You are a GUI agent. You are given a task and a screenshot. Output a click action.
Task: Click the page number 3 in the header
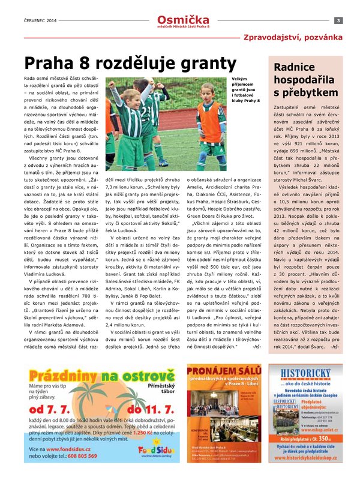(x=338, y=21)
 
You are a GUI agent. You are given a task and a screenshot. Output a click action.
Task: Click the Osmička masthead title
(x=179, y=19)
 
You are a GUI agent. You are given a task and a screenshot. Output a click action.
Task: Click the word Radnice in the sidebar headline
(x=296, y=67)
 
